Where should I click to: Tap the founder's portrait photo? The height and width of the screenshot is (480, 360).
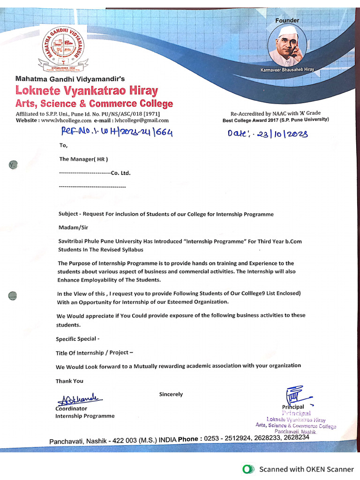[287, 46]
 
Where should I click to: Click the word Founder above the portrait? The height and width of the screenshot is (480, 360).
[287, 21]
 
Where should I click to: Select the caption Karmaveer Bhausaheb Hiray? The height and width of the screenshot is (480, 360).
[287, 69]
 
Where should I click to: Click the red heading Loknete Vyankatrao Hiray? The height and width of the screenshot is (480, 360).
[87, 90]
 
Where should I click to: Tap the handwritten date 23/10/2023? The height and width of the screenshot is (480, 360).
[282, 135]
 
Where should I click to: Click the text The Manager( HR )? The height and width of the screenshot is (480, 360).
[83, 159]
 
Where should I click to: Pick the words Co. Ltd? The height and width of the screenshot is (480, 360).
[120, 173]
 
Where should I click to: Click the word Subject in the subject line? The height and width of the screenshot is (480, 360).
[68, 214]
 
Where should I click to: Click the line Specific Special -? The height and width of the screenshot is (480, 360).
[78, 339]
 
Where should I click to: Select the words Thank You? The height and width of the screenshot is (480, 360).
[69, 381]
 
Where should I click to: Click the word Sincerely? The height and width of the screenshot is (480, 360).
[171, 394]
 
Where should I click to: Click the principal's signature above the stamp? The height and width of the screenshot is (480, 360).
[293, 395]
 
